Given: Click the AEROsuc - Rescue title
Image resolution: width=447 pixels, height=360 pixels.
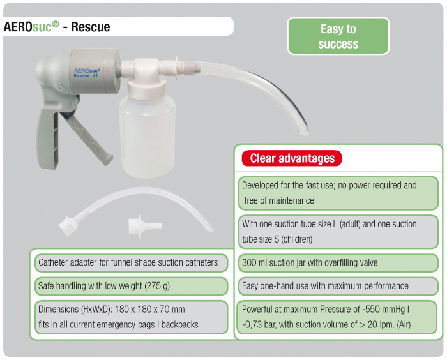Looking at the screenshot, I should click(x=57, y=26).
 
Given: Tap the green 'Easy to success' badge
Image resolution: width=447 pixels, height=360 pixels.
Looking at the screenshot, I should click(x=338, y=36).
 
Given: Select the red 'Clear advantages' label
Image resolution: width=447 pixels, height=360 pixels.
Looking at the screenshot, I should click(x=292, y=158).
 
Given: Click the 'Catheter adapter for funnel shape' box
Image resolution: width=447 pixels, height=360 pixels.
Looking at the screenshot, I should click(x=128, y=262).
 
